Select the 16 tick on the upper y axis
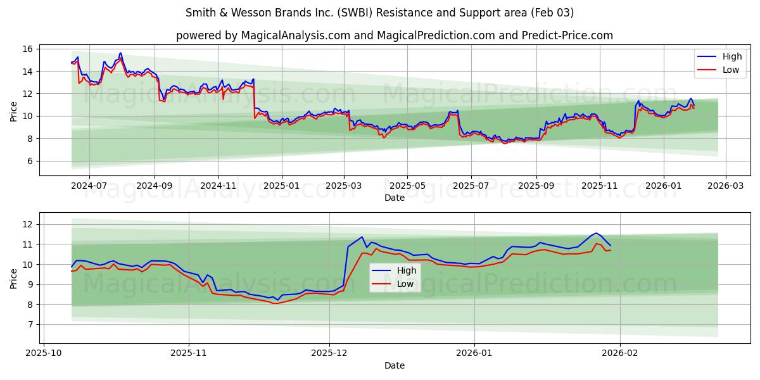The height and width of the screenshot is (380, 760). (27, 49)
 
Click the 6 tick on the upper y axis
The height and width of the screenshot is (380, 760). (30, 161)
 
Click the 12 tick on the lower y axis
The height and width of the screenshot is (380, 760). (27, 224)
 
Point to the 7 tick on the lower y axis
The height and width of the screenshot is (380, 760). (30, 324)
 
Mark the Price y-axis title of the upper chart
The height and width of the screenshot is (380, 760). (14, 111)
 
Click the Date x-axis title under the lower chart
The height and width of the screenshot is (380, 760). (395, 365)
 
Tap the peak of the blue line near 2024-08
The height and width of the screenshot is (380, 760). (120, 53)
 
